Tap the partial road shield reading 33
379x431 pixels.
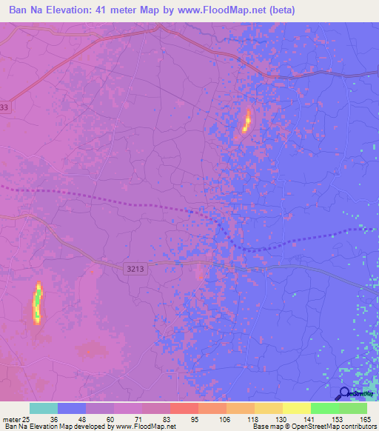point(5,107)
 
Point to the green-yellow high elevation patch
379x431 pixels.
point(37,303)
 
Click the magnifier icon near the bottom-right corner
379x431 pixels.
point(344,393)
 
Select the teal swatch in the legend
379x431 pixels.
point(43,408)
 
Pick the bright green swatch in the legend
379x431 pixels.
point(324,408)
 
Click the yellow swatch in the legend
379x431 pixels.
point(296,408)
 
